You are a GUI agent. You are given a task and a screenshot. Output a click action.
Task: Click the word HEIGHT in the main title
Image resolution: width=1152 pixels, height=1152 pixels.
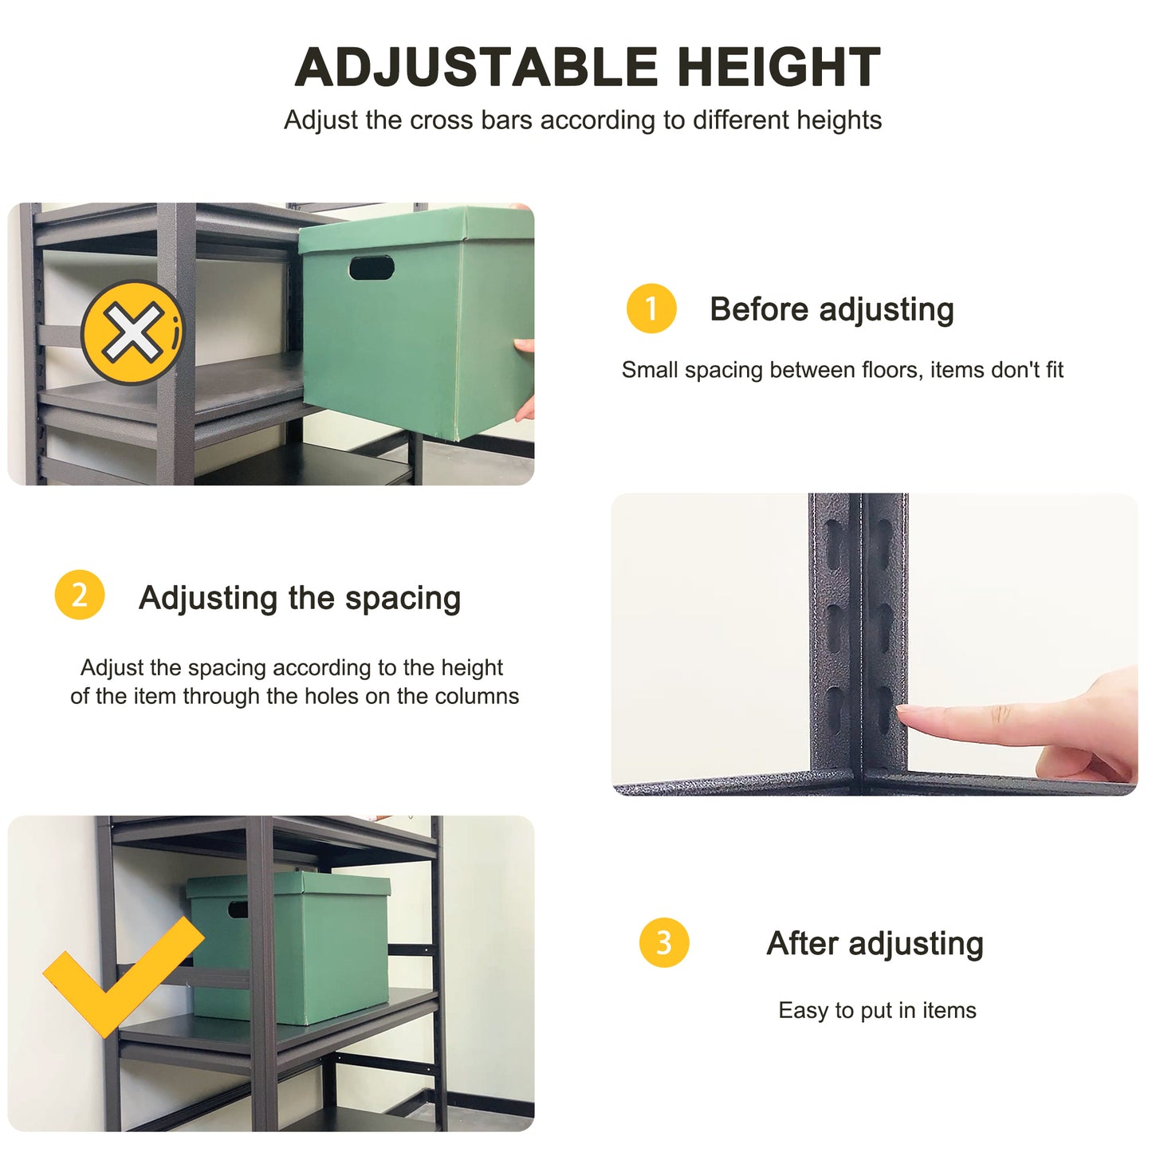point(779,67)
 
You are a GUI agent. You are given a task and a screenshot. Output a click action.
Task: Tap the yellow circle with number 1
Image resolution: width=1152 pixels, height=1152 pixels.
point(651,309)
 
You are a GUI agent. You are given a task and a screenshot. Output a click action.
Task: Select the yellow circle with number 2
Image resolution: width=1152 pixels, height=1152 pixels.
point(79,595)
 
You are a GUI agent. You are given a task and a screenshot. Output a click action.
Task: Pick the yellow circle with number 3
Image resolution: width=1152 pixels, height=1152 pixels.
point(663,942)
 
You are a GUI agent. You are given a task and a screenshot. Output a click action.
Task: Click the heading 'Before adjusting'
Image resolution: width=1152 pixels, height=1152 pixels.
point(832,309)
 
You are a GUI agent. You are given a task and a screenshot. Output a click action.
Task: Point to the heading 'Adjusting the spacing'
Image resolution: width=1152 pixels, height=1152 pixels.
point(300,598)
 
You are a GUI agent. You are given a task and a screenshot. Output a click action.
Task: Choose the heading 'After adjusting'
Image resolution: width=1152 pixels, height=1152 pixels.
point(875,944)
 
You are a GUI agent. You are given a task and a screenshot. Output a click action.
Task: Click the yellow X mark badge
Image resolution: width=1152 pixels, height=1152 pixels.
point(132,332)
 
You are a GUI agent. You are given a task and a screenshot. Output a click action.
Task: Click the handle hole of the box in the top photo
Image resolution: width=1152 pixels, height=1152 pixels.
point(372,268)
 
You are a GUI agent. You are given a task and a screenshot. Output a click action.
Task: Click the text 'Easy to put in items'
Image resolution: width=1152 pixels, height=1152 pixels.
point(877,1010)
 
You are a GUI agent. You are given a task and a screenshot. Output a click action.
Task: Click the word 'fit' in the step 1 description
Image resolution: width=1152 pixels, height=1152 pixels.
point(1054,370)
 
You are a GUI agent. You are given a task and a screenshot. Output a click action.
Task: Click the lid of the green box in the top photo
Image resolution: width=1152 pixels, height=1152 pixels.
point(415,227)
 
